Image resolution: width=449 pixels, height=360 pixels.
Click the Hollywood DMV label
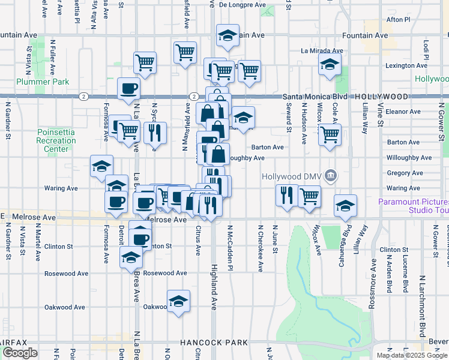click(292, 176)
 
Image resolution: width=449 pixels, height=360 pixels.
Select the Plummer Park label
click(43, 82)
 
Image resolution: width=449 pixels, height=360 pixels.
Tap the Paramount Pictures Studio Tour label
click(414, 206)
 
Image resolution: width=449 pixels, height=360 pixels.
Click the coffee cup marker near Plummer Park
click(129, 90)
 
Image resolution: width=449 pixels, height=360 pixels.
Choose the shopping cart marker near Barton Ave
click(330, 136)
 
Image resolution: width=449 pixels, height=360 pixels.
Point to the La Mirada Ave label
click(322, 51)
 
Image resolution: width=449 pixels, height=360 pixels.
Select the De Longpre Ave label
click(242, 5)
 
